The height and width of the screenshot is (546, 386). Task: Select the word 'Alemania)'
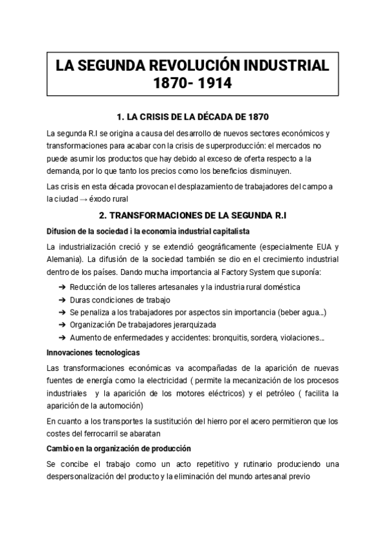[65, 259]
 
